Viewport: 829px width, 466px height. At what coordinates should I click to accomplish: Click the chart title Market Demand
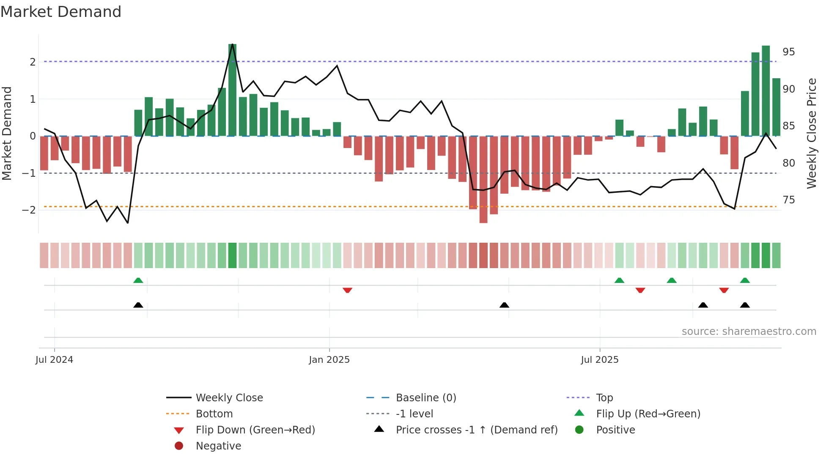click(61, 12)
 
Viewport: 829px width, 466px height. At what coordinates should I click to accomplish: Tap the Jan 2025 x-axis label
click(329, 360)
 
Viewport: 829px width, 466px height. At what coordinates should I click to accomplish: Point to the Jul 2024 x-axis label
click(54, 360)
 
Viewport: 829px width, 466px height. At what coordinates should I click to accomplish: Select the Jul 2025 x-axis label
click(599, 360)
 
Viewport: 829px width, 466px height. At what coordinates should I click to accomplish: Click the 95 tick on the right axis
click(788, 52)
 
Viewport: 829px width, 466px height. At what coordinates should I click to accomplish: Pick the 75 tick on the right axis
click(788, 200)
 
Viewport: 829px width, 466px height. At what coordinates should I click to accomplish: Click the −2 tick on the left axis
click(29, 210)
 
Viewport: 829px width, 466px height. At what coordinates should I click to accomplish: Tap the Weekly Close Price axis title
click(811, 133)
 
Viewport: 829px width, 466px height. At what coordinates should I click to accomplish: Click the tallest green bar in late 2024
click(232, 90)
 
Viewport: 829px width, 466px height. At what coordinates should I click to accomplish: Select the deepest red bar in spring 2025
click(483, 179)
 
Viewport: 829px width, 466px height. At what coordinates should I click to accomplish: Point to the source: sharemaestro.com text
click(749, 332)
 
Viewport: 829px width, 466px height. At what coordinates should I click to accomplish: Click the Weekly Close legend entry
click(229, 398)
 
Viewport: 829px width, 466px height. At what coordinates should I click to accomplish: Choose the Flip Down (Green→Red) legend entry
click(255, 430)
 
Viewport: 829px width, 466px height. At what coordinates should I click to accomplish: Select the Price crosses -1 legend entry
click(476, 430)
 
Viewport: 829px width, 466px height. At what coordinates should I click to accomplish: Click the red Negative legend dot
click(179, 446)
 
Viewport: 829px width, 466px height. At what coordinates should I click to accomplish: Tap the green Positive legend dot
click(579, 430)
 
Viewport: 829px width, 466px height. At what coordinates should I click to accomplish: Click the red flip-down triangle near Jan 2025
click(347, 291)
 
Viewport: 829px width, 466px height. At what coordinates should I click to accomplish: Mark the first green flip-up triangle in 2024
click(138, 280)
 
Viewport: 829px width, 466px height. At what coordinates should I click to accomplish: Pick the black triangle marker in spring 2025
click(504, 305)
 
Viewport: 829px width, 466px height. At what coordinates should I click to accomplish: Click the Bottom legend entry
click(214, 414)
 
